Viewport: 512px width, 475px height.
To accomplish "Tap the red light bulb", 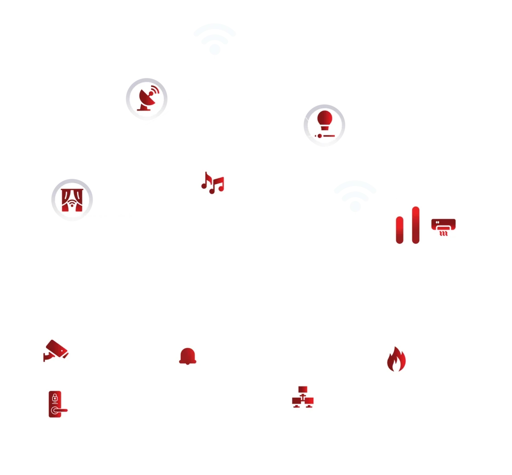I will pyautogui.click(x=325, y=119).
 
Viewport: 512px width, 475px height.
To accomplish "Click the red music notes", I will pyautogui.click(x=212, y=183).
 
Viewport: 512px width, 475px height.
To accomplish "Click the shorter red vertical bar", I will pyautogui.click(x=400, y=229).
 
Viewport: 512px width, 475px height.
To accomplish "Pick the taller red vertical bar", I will pyautogui.click(x=416, y=224).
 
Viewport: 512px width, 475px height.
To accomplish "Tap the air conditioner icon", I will pyautogui.click(x=444, y=227).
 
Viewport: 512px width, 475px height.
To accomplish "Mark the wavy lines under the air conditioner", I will pyautogui.click(x=444, y=234).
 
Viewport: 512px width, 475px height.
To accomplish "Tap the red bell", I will pyautogui.click(x=188, y=356).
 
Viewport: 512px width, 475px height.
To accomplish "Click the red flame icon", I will pyautogui.click(x=396, y=359).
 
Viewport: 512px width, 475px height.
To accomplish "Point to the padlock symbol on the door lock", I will pyautogui.click(x=55, y=397).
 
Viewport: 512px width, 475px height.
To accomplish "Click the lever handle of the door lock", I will pyautogui.click(x=60, y=410).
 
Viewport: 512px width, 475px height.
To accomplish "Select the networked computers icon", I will pyautogui.click(x=302, y=397).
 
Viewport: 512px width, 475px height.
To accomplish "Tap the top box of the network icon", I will pyautogui.click(x=302, y=390).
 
